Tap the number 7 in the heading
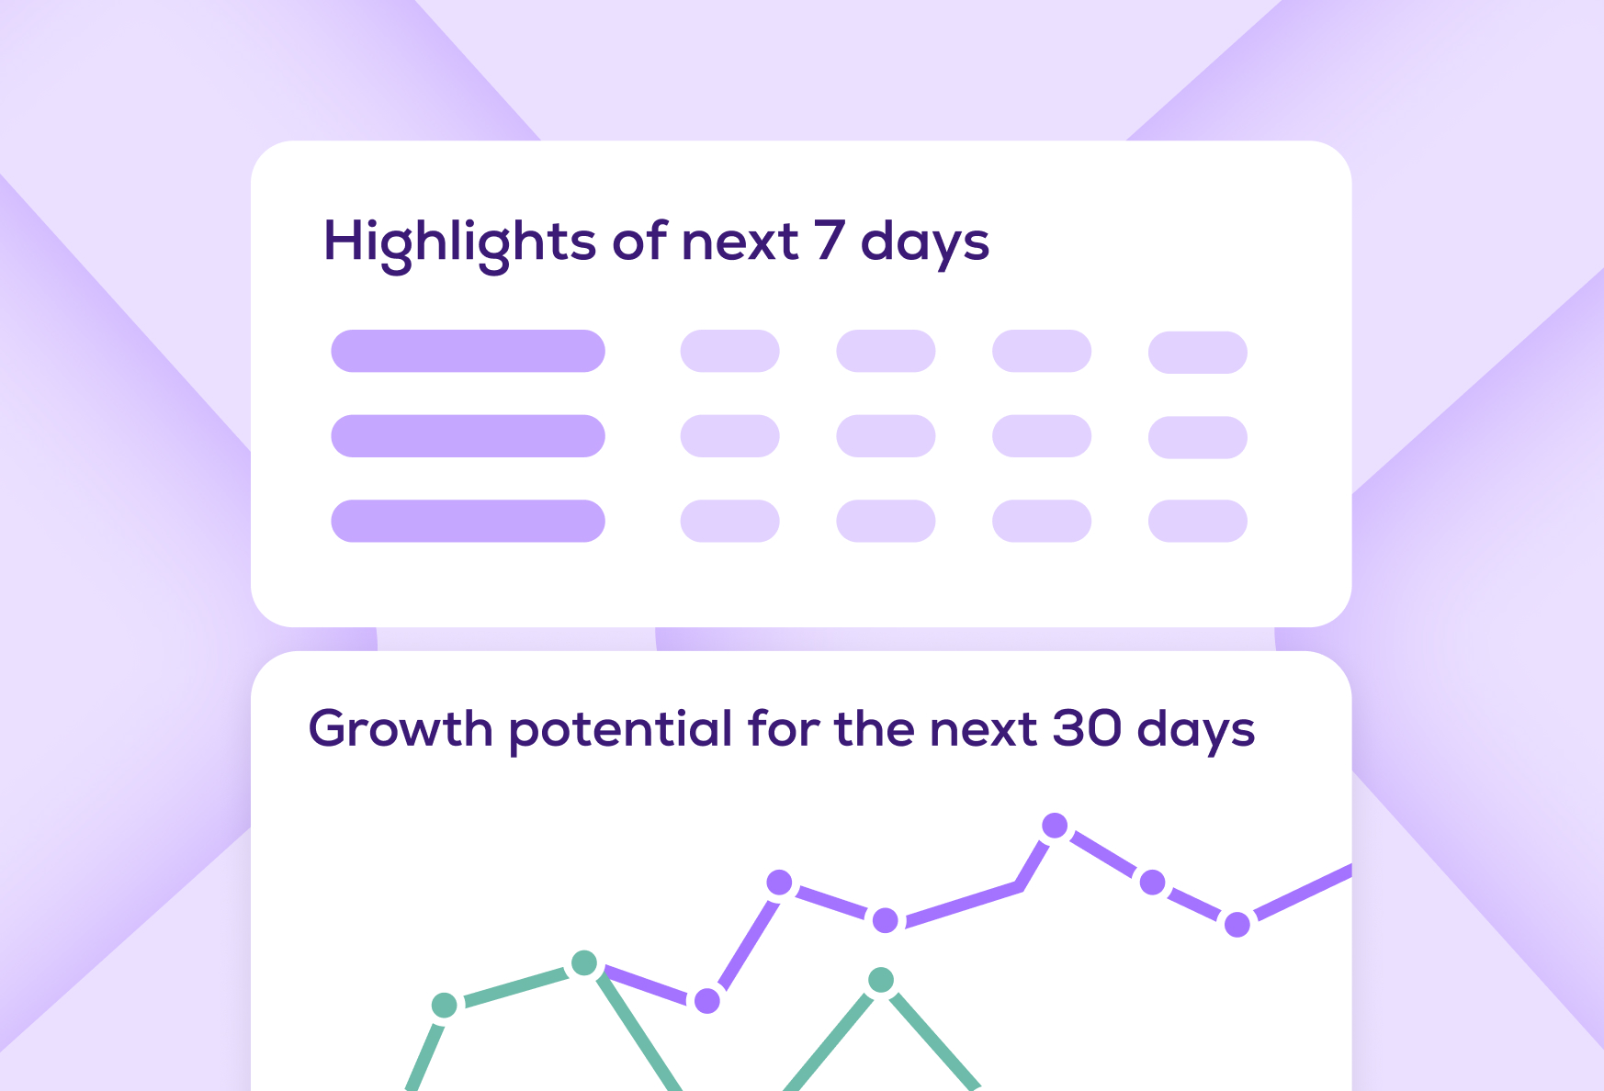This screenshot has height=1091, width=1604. pyautogui.click(x=829, y=240)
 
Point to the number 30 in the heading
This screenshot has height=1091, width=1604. pyautogui.click(x=1087, y=728)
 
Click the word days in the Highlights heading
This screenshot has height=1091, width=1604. pyautogui.click(x=925, y=243)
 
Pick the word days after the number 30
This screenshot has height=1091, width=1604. pyautogui.click(x=1196, y=731)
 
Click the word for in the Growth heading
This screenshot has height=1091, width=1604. pyautogui.click(x=783, y=727)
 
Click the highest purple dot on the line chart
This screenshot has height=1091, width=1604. pyautogui.click(x=1055, y=826)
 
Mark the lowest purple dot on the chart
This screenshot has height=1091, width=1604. pyautogui.click(x=707, y=1001)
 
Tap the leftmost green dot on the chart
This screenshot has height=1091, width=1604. pyautogui.click(x=444, y=1006)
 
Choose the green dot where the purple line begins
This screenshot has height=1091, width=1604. pyautogui.click(x=584, y=963)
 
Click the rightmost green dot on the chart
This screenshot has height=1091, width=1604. pyautogui.click(x=881, y=980)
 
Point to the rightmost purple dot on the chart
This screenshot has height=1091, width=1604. pyautogui.click(x=1237, y=924)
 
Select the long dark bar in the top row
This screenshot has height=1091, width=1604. pyautogui.click(x=469, y=351)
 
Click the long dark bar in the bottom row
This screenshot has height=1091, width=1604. pyautogui.click(x=469, y=521)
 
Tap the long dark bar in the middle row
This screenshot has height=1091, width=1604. pyautogui.click(x=469, y=436)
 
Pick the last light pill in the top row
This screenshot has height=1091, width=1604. pyautogui.click(x=1198, y=353)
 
